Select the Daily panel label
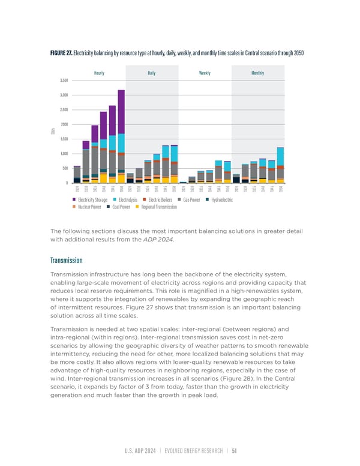pos(152,73)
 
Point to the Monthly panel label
pos(257,73)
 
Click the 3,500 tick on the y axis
pos(64,80)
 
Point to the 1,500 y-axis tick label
pos(64,139)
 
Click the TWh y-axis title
pos(53,132)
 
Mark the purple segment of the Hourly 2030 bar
pos(86,145)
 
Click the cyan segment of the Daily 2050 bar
pos(174,154)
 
